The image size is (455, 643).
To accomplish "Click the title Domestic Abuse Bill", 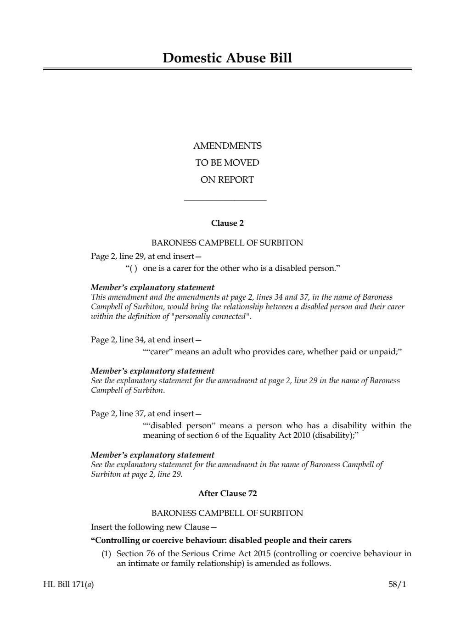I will tap(227, 58).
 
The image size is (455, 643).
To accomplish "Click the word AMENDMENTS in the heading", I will tap(227, 146).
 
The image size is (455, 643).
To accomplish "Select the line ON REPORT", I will tap(227, 180).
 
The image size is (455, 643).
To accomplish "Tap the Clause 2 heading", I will tap(227, 223).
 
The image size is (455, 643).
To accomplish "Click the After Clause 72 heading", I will tap(227, 493).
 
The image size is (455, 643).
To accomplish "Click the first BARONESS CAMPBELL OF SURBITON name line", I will tap(227, 243).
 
